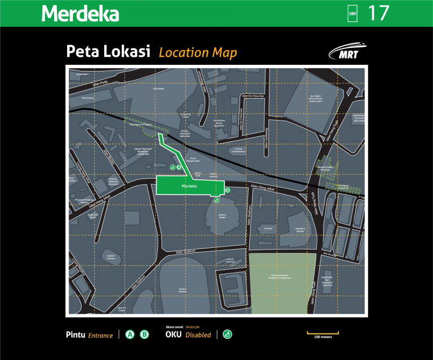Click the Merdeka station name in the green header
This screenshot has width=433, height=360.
coord(80,14)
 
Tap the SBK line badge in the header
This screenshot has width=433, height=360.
coord(353,14)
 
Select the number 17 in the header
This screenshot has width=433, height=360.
coord(378,13)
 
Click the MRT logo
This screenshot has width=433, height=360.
coord(346,52)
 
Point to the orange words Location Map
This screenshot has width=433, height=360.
coord(197,53)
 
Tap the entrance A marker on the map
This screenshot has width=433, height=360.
coord(179,167)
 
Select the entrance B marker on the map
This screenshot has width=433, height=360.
coord(228,191)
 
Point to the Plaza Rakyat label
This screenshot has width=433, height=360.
coord(159,88)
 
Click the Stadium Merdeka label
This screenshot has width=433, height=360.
coord(182,290)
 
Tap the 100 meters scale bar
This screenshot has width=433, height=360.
coord(322,334)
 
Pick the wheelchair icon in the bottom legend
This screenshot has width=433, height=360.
coord(227,335)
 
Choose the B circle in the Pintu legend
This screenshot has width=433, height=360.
coord(144,335)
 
